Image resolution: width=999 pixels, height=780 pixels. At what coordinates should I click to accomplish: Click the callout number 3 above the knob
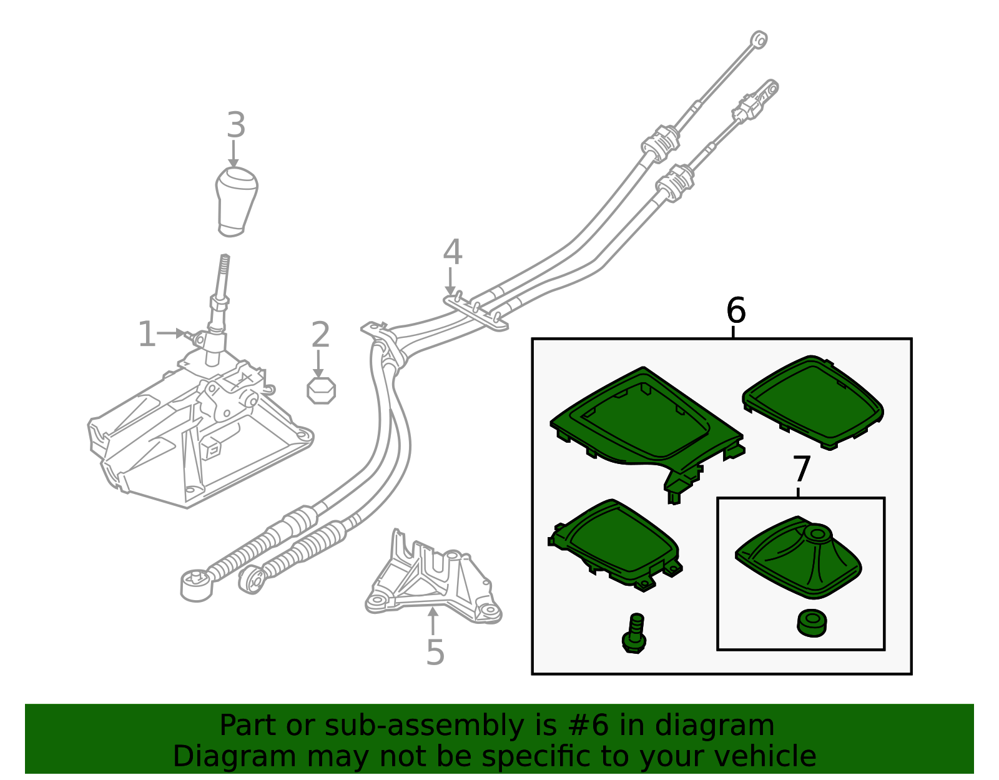[235, 126]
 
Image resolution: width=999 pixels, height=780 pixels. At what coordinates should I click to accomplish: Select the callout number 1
[147, 334]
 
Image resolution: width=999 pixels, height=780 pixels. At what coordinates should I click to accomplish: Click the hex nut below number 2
[322, 391]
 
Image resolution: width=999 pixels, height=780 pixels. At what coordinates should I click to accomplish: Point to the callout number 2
[320, 335]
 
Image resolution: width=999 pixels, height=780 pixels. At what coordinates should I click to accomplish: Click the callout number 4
[453, 253]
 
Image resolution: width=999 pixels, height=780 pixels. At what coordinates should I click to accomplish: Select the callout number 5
[435, 653]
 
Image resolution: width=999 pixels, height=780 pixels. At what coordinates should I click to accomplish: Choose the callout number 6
[736, 310]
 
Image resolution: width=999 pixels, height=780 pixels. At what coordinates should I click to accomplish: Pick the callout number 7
[802, 470]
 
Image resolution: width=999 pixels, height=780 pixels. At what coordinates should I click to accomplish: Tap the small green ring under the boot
[812, 623]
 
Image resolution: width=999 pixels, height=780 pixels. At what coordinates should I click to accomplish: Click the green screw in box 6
[635, 634]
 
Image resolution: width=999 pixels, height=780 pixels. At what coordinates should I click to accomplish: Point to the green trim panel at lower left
[615, 543]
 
